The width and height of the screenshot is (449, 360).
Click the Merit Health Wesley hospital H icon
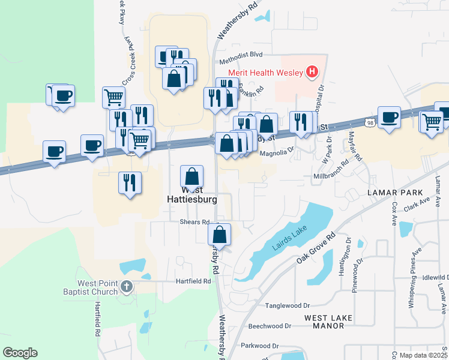(x=312, y=73)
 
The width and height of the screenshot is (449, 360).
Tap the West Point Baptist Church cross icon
(x=126, y=287)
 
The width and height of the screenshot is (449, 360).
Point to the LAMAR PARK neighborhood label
(x=392, y=192)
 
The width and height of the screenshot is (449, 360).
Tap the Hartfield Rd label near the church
(x=193, y=281)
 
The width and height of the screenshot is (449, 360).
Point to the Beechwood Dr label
(x=270, y=326)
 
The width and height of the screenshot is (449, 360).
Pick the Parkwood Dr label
(x=261, y=346)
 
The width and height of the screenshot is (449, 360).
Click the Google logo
(x=20, y=353)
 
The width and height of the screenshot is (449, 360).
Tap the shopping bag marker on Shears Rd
(x=220, y=235)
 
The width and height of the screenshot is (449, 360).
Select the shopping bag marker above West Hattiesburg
(x=191, y=176)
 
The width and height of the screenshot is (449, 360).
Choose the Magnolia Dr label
(x=277, y=152)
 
